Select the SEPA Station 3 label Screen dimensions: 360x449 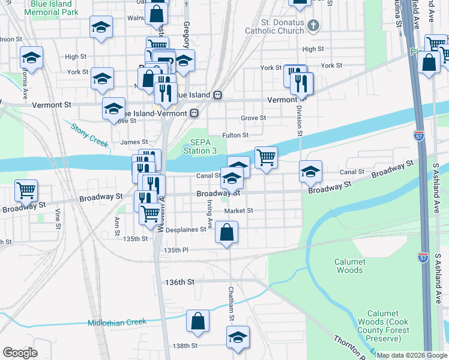(200, 146)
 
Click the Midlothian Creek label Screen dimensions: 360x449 (117, 322)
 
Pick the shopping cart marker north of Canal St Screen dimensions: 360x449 (266, 157)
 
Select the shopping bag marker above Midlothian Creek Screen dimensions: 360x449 (197, 321)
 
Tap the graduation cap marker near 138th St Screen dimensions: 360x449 (238, 337)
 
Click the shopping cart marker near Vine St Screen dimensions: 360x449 (26, 190)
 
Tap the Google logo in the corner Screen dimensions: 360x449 (20, 353)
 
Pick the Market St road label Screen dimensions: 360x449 (239, 211)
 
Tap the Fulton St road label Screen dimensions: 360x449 (235, 136)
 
